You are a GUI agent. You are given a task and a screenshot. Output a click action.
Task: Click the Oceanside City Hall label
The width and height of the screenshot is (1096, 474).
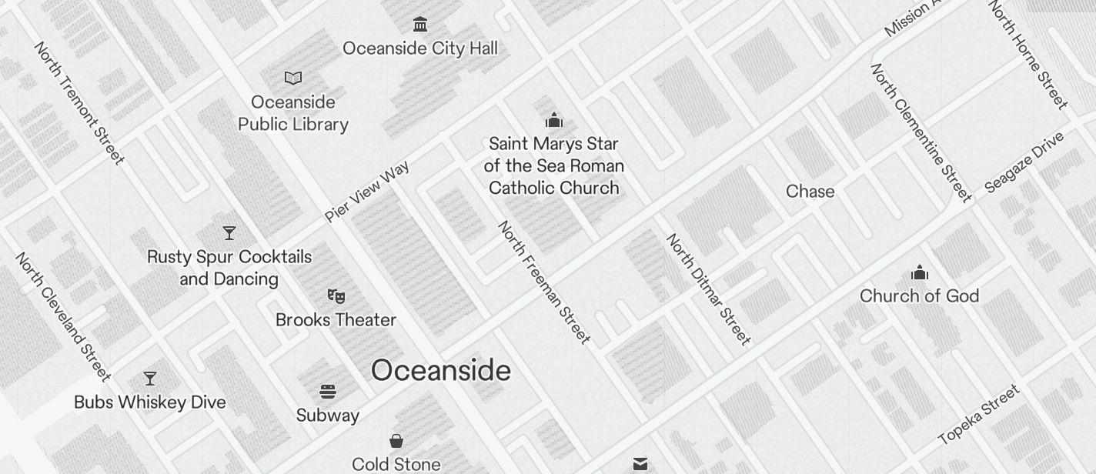tap(420, 48)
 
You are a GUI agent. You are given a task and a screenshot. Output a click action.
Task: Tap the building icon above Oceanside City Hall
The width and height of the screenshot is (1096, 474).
tap(420, 25)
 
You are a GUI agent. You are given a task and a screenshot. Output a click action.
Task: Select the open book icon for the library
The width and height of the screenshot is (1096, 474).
tap(293, 78)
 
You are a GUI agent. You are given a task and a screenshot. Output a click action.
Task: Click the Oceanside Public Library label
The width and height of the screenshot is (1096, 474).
tap(293, 113)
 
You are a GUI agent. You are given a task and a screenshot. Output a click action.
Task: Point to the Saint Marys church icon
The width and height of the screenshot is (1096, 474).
tap(554, 120)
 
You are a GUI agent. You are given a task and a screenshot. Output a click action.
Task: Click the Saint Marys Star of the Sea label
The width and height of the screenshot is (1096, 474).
tap(554, 165)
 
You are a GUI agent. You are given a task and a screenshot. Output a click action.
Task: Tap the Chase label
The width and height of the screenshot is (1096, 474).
tap(810, 192)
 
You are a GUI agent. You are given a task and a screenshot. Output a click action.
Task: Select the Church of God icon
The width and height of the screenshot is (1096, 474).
tap(920, 273)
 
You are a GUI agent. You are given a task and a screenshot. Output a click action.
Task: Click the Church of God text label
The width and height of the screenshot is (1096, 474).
tap(920, 296)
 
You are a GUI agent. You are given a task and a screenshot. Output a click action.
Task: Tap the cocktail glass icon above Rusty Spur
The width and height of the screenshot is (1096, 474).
tap(229, 233)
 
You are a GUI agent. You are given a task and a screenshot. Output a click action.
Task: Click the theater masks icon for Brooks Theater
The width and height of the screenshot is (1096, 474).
tap(336, 296)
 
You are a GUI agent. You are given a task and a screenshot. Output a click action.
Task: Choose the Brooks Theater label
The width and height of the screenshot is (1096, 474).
tap(336, 320)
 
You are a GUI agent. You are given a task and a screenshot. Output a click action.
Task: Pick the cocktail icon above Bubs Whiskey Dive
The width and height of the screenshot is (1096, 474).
tap(150, 379)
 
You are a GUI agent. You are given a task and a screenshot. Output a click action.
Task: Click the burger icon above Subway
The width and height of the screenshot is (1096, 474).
tap(328, 392)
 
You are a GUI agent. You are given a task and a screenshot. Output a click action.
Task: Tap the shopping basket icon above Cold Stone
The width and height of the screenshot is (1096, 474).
tap(396, 441)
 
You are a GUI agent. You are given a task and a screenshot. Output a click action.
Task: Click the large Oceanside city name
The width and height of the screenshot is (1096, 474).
tap(441, 371)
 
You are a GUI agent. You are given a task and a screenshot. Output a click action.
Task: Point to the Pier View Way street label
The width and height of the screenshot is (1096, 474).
tap(366, 192)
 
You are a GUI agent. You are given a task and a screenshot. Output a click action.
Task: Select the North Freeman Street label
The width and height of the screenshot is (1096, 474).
tap(544, 282)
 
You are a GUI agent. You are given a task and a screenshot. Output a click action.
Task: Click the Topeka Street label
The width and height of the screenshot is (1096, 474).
tap(979, 415)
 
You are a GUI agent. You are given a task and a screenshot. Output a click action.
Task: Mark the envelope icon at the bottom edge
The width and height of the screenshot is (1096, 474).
tap(640, 463)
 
